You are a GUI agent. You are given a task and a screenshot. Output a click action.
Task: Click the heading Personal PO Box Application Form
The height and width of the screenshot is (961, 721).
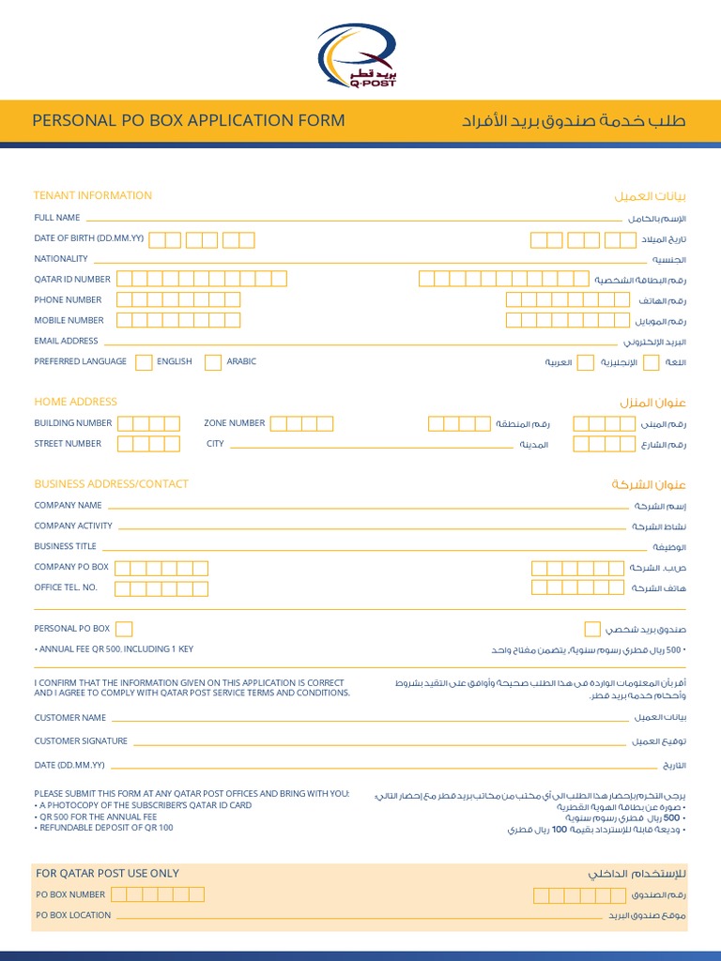coord(189,120)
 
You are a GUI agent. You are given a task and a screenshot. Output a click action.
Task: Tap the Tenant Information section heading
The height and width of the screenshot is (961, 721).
coord(93,195)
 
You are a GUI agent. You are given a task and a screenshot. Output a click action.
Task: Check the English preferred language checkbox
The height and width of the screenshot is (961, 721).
coord(144,362)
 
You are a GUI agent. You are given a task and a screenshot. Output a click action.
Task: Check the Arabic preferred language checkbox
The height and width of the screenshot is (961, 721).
coord(213,362)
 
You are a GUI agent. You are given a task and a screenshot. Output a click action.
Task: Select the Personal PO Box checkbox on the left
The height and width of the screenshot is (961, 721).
coord(124,629)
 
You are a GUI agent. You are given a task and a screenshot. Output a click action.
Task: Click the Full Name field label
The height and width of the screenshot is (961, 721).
coord(57,218)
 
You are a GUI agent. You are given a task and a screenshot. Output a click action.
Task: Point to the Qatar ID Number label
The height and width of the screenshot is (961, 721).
coord(72,279)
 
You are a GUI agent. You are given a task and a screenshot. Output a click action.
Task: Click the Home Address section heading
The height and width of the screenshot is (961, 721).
coord(76,402)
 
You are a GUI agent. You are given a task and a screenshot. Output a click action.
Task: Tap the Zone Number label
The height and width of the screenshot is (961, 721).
coord(235,423)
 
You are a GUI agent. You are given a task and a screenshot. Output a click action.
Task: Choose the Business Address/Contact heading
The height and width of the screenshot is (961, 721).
coord(112,484)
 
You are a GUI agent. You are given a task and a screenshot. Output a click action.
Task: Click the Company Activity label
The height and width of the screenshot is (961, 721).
coord(73,526)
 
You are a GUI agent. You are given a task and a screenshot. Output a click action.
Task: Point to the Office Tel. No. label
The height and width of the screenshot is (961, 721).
coord(66,587)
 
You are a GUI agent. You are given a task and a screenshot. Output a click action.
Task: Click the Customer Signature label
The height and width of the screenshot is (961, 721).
coord(81,741)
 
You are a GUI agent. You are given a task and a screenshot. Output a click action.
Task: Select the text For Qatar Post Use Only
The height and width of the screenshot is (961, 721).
coord(107,873)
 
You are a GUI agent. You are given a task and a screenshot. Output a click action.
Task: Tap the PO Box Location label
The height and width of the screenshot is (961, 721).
coord(73,915)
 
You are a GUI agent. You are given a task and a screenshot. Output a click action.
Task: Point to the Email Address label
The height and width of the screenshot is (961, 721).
coord(67,341)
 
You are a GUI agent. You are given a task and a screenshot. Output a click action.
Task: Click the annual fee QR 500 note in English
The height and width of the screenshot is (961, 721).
coord(115,649)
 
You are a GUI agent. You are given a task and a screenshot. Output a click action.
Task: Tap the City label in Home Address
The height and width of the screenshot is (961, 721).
coord(216,444)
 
